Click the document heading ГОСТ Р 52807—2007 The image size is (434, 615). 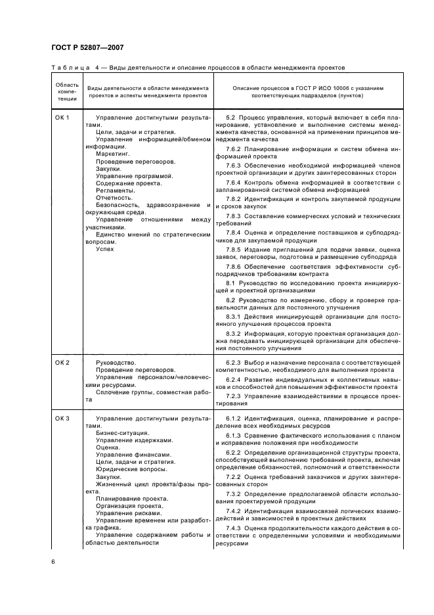[x=88, y=48]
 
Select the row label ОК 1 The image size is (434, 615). [x=62, y=117]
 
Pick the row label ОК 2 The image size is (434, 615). [x=62, y=362]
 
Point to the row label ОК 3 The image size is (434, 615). [x=62, y=419]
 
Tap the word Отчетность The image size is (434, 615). [x=115, y=197]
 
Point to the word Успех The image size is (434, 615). [x=105, y=249]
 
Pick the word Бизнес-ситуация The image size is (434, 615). [x=122, y=433]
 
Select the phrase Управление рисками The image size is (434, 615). [x=125, y=513]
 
